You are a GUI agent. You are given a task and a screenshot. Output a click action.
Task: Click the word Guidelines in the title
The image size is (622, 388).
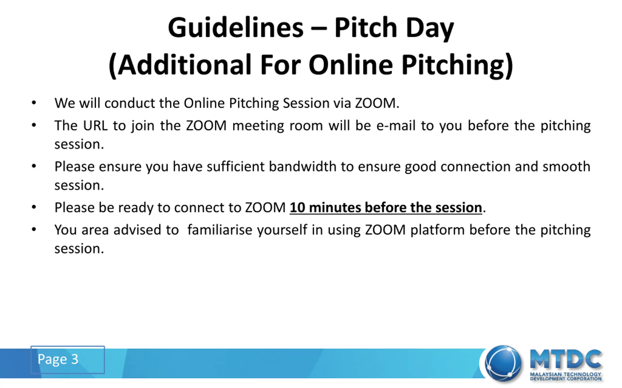[x=236, y=27]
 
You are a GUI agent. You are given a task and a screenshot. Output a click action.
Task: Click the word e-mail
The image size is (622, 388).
[x=396, y=126]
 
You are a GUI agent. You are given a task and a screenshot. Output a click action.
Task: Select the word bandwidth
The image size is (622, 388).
[x=302, y=167]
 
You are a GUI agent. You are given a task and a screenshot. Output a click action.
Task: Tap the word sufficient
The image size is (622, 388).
[x=235, y=167]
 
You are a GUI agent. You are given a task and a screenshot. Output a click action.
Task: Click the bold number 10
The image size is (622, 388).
[x=297, y=207]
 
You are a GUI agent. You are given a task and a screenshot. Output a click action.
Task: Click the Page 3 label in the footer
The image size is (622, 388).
[x=58, y=359]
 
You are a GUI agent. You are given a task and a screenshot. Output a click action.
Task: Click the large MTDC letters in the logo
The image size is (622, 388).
[x=565, y=359]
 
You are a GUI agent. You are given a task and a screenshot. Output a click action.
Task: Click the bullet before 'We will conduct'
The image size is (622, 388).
[x=34, y=103]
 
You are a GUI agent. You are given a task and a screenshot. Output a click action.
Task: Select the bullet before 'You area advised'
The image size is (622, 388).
[x=34, y=229]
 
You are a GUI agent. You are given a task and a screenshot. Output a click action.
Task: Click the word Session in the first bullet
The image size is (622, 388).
[x=306, y=103]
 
